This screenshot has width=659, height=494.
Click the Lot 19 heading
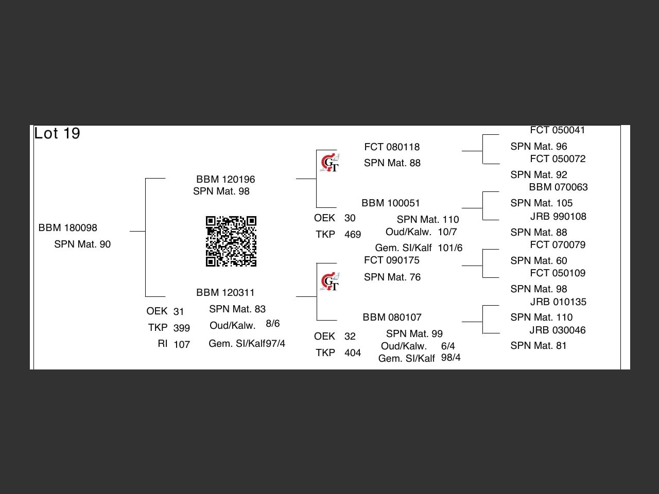point(57,134)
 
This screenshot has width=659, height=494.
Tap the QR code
point(231,241)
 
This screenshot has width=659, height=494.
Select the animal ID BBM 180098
point(68,228)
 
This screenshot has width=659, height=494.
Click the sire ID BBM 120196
point(226,180)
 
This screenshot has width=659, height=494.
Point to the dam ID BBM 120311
point(226,293)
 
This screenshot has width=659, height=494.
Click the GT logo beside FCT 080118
point(329,163)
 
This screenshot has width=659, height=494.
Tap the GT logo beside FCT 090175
point(329,281)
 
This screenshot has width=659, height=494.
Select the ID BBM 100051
point(391,203)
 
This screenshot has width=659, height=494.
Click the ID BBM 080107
point(392,317)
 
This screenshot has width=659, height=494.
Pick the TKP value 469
point(353,235)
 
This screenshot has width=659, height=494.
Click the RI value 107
point(182,345)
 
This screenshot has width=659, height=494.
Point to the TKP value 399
point(182,328)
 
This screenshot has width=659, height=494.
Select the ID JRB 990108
point(558,217)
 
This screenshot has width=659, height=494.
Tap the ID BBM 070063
point(558,187)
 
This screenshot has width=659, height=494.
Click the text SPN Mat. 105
point(541,203)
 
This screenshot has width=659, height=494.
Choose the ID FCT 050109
point(558,273)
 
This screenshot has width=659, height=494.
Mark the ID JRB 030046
point(558,330)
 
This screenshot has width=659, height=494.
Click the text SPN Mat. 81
point(538,346)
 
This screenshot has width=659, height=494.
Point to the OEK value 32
point(350,337)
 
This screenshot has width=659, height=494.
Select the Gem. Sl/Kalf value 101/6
point(450,248)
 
